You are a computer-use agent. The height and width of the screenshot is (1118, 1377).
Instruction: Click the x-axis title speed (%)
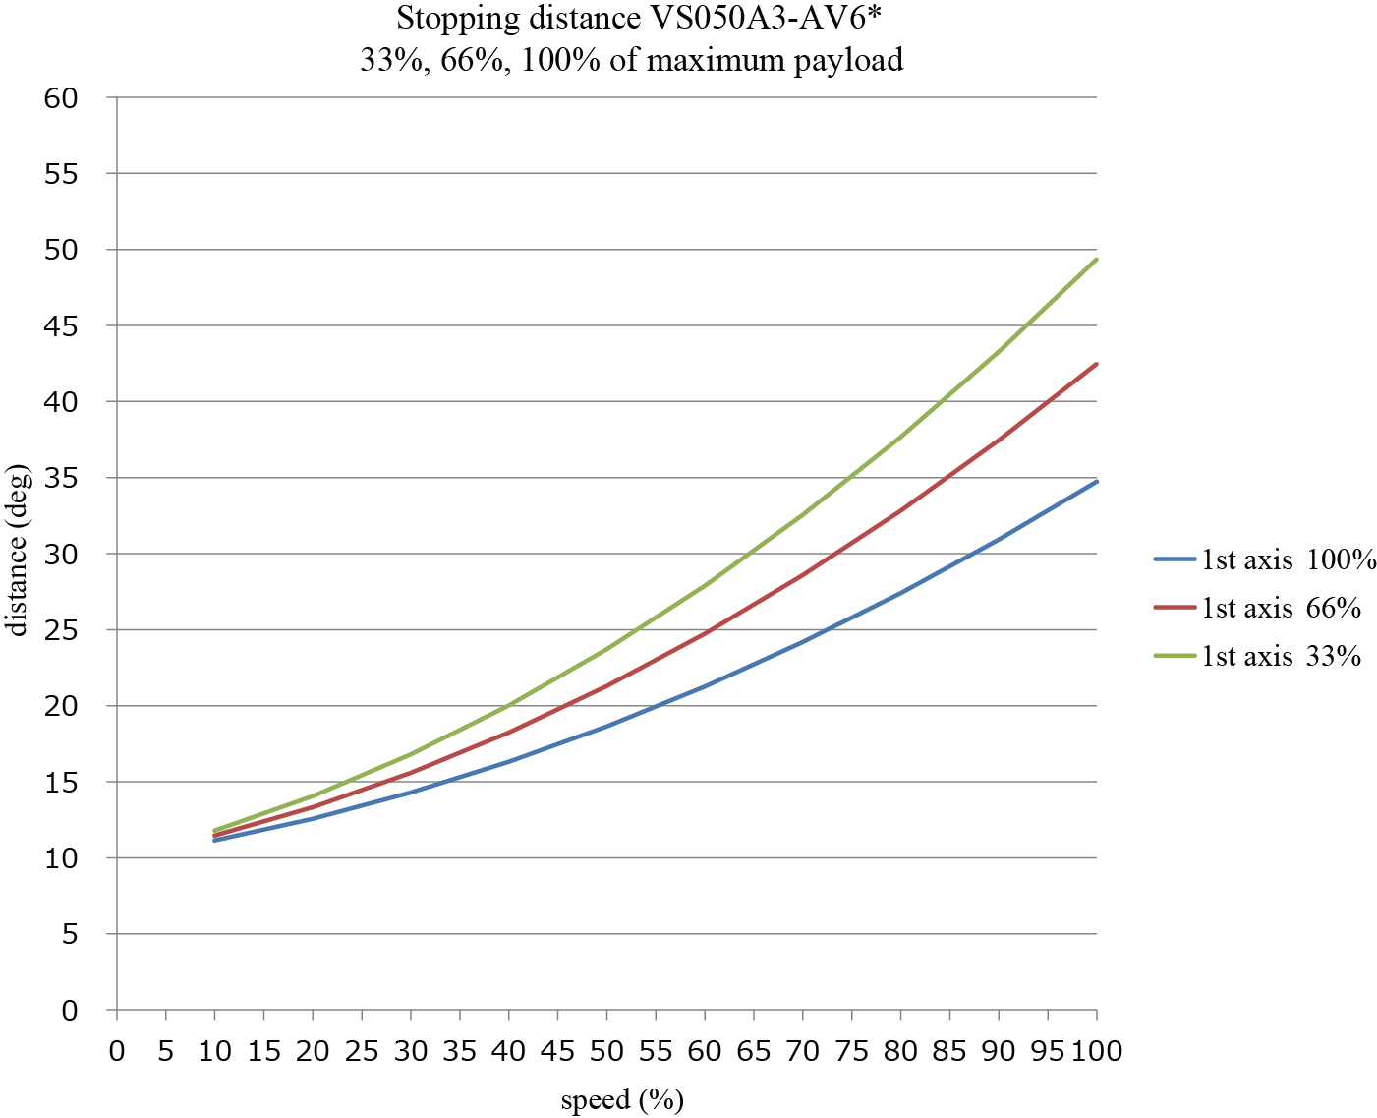tap(621, 1099)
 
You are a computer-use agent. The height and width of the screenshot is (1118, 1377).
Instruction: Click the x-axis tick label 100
tap(1096, 1051)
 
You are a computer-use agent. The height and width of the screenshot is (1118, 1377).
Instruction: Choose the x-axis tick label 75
tap(852, 1051)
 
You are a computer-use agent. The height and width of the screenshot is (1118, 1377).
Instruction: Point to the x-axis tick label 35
tap(460, 1051)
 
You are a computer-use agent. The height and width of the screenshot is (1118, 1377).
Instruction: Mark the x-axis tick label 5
tap(166, 1051)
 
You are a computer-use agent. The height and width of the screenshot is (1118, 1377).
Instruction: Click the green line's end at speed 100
tap(1096, 260)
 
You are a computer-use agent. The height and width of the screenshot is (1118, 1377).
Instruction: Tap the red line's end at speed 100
tap(1096, 364)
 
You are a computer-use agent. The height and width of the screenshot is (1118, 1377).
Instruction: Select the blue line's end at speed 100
tap(1096, 482)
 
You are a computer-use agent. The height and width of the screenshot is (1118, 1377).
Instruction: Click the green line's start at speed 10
tap(215, 831)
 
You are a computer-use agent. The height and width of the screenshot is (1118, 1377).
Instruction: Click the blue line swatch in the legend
tap(1174, 559)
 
